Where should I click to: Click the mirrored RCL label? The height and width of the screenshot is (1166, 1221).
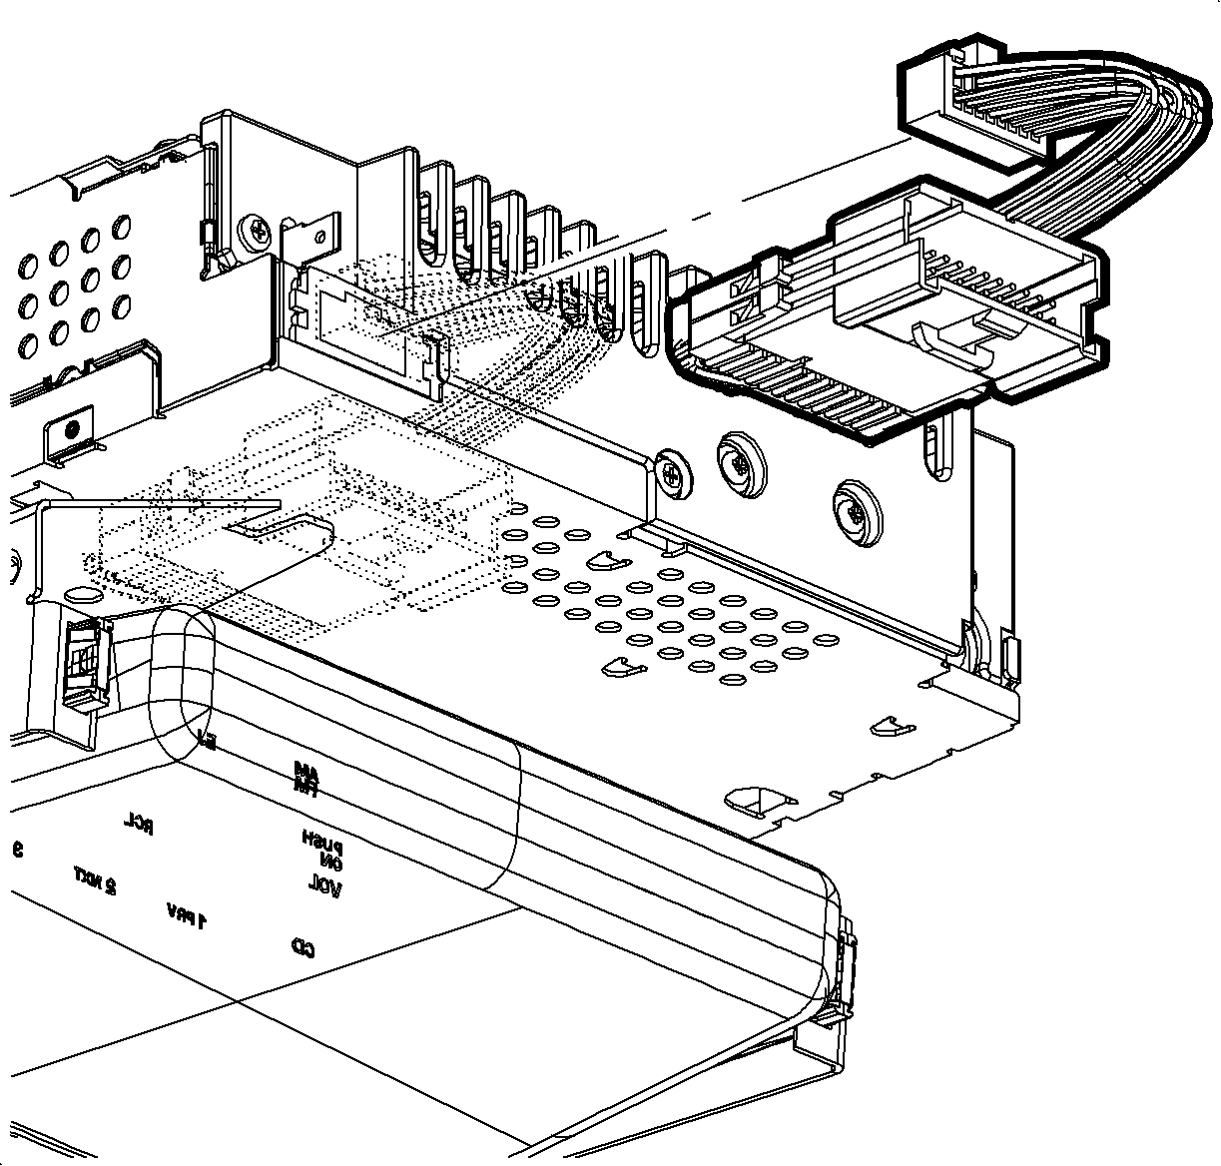138,825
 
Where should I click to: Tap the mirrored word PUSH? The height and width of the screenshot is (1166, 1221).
322,839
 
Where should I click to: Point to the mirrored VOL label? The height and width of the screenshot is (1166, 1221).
324,885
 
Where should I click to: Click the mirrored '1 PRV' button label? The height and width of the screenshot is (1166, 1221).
188,914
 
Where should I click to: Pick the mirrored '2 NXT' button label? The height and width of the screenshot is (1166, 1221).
94,879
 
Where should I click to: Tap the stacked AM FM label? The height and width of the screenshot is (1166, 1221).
305,779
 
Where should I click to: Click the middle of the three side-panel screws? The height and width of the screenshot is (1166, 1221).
741,460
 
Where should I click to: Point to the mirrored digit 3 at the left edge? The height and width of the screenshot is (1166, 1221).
17,850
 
